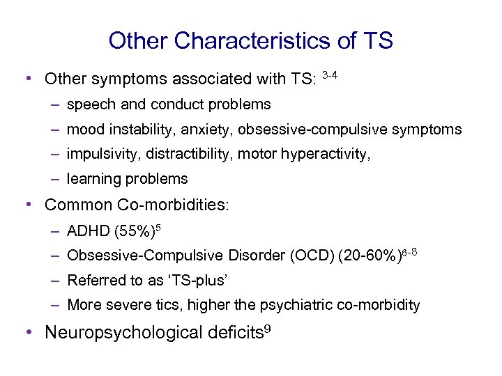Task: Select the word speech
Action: tap(89, 105)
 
